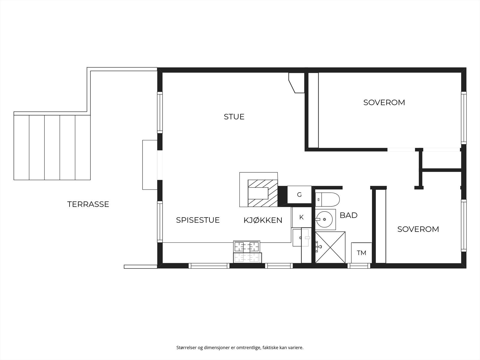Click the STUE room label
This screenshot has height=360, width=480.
click(x=234, y=117)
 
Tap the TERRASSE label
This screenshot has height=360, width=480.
click(x=88, y=204)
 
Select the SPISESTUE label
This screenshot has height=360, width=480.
click(x=198, y=220)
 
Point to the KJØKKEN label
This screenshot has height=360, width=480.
click(x=263, y=220)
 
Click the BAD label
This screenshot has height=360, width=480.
click(x=348, y=215)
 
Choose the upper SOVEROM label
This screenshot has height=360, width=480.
click(x=384, y=103)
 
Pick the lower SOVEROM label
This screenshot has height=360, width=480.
click(x=418, y=229)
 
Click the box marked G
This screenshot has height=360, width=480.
click(x=299, y=195)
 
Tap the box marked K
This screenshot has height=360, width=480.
click(x=301, y=217)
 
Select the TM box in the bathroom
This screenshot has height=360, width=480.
click(x=361, y=253)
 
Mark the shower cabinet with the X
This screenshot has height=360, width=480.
click(x=330, y=247)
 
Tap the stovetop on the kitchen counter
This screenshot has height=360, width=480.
click(x=247, y=247)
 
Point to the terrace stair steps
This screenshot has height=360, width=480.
click(x=52, y=147)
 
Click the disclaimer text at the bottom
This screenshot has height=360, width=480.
click(x=240, y=348)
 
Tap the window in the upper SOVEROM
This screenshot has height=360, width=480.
click(x=464, y=118)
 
